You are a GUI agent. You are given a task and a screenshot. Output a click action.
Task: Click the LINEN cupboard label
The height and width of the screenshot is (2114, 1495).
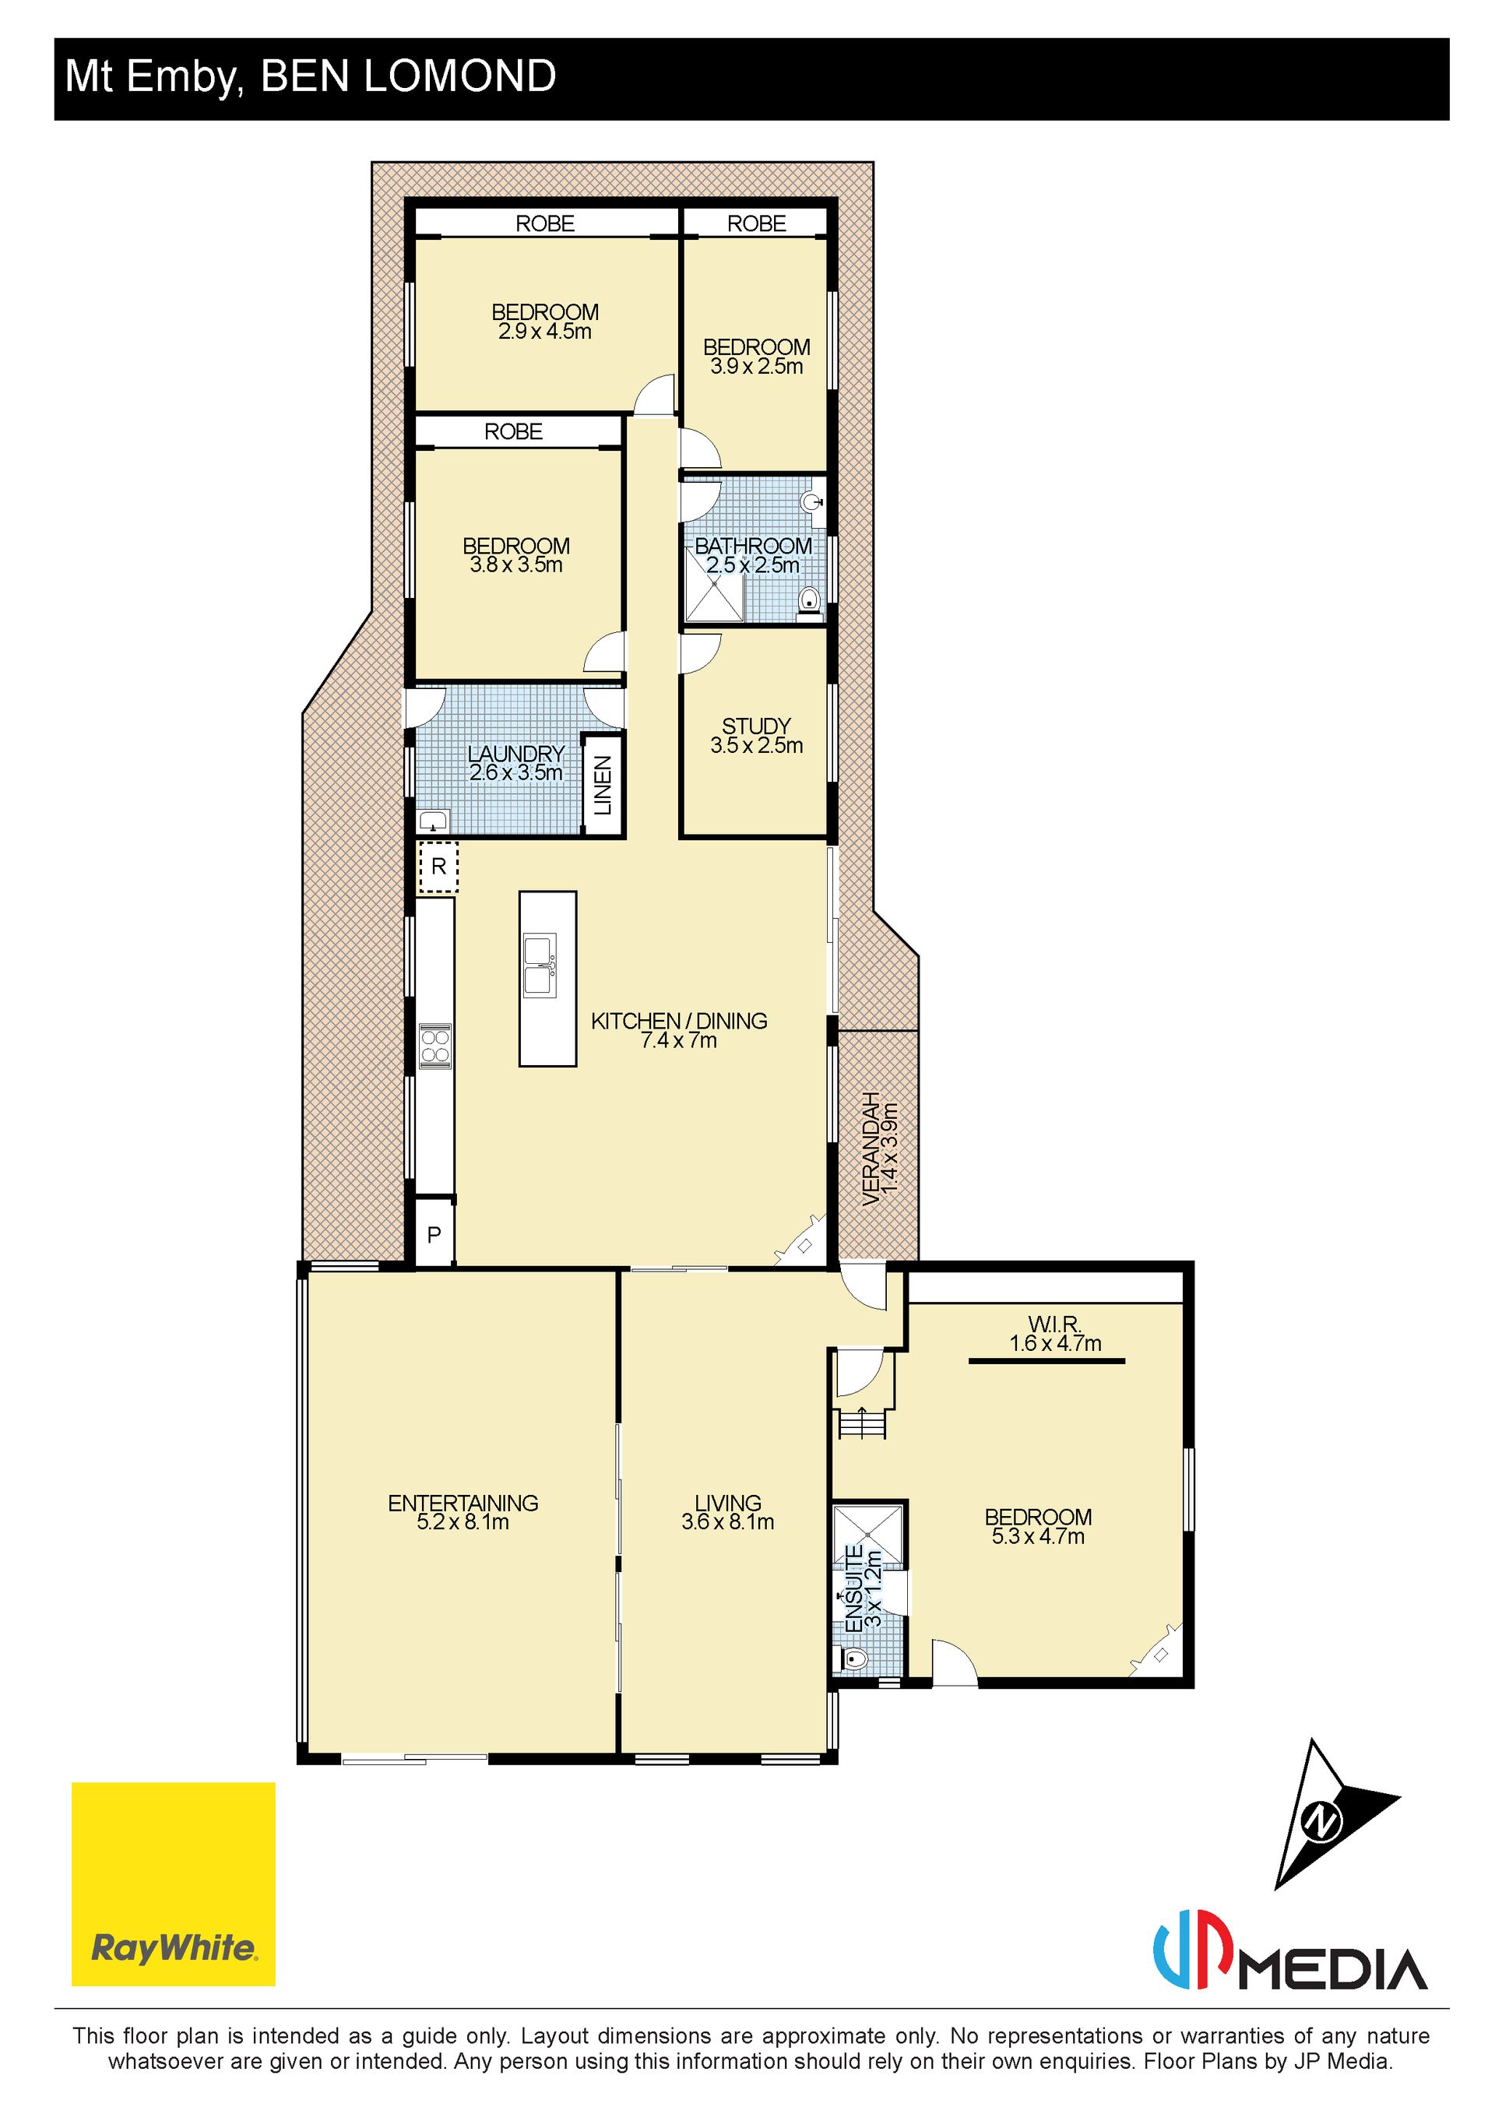(602, 786)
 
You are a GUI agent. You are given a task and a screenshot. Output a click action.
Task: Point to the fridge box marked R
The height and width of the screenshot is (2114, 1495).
(438, 867)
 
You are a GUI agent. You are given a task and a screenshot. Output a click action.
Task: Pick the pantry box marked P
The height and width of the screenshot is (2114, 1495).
(434, 1234)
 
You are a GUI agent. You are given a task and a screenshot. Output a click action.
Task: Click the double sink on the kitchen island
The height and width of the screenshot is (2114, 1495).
(540, 965)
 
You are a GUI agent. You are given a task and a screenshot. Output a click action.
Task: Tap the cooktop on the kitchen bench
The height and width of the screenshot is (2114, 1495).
(435, 1046)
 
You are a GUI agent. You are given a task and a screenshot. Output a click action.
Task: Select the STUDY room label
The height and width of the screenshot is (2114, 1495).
(756, 726)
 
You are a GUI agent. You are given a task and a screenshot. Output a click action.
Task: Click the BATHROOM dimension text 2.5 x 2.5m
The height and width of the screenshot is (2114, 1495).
(753, 565)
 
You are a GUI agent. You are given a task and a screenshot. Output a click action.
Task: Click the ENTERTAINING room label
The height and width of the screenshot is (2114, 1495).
(463, 1504)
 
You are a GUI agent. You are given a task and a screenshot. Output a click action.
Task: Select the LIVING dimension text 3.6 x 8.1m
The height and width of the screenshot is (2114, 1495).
(727, 1523)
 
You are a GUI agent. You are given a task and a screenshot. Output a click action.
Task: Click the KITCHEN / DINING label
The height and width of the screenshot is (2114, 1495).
(680, 1021)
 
